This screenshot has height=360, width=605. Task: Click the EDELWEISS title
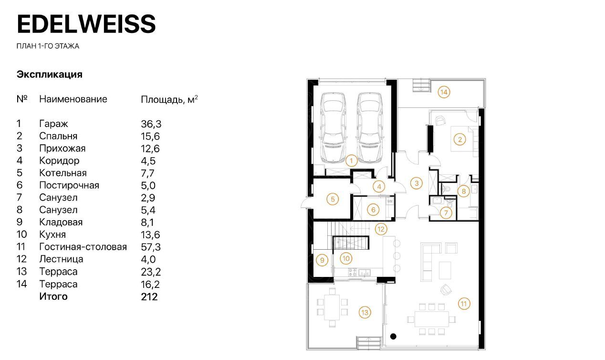coord(86,24)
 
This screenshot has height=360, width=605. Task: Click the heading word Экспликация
coord(50,74)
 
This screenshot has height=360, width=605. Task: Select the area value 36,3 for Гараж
coord(151,124)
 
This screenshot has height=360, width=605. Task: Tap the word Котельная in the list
coord(63,173)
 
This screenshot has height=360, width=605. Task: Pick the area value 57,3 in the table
coord(151,247)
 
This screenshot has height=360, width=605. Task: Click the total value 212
coord(149,297)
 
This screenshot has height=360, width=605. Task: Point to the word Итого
coord(53,297)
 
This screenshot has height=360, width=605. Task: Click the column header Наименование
coord(73,99)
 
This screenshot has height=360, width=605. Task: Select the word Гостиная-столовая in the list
coord(83,247)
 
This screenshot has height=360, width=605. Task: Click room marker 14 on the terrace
coord(444,92)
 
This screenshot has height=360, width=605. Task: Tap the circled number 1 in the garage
coord(351,161)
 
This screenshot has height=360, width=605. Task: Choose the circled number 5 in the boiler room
coord(333,199)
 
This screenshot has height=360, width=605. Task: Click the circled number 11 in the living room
coord(464,304)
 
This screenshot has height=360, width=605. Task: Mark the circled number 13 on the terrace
coord(365,313)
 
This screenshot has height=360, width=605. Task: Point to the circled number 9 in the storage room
coord(322,260)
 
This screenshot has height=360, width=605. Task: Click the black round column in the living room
coord(393,337)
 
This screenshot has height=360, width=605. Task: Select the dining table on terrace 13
coord(332,307)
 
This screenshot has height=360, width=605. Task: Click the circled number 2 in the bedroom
coord(459,139)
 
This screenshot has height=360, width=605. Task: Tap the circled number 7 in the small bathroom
coord(446,213)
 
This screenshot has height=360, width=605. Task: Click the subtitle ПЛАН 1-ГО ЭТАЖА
coord(48,46)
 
